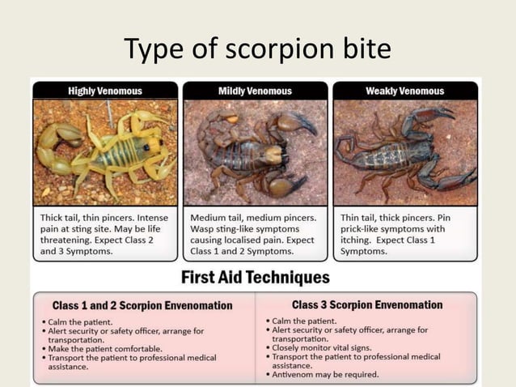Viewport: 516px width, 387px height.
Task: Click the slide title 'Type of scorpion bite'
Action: pos(257,49)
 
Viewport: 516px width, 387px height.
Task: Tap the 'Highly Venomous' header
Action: pos(105,91)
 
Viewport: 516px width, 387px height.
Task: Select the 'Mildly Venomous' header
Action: pos(256,91)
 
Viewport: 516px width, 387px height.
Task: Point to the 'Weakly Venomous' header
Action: pos(404,91)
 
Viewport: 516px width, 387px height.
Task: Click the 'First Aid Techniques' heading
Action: pos(256,278)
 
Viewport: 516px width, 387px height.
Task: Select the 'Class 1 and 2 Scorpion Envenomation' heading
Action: pos(142,306)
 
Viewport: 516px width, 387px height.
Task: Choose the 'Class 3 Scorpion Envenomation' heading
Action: pos(367,305)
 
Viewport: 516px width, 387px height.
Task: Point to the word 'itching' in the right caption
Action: pos(358,240)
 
